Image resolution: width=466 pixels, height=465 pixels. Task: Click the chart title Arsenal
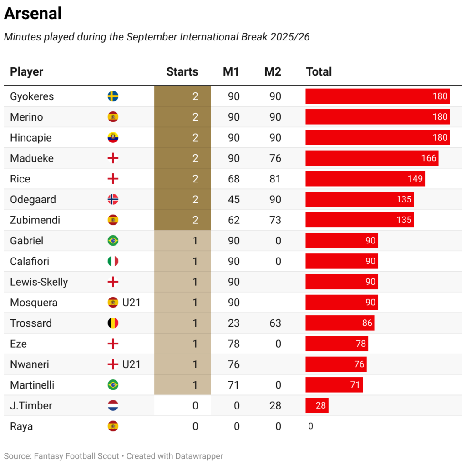pos(33,14)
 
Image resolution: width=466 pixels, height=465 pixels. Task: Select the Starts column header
pos(182,71)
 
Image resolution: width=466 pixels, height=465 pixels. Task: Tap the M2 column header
pos(273,71)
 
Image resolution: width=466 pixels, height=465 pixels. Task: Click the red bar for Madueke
pos(371,158)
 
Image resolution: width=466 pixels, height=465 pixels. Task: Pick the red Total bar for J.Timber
pos(317,405)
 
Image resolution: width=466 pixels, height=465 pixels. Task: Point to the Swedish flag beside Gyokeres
pos(113,96)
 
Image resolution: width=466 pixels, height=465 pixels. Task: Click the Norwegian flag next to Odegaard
pos(113,199)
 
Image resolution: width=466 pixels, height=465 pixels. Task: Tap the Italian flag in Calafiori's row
pos(113,261)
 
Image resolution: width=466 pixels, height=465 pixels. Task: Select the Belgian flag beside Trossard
pos(113,323)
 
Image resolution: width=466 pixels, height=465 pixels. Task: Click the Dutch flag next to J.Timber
pos(113,405)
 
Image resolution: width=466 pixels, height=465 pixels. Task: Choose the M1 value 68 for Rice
pos(234,179)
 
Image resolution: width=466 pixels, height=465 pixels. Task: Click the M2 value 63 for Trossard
pos(275,323)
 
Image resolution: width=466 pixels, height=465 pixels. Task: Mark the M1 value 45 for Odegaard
pos(234,199)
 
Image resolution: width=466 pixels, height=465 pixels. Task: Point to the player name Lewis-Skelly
pos(39,282)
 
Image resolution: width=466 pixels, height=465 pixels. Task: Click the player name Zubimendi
pos(35,220)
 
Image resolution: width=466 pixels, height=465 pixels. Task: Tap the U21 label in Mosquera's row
pos(131,303)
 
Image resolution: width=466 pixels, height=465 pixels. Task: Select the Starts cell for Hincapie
pos(182,137)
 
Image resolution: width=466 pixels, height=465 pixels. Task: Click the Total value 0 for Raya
pos(310,426)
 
